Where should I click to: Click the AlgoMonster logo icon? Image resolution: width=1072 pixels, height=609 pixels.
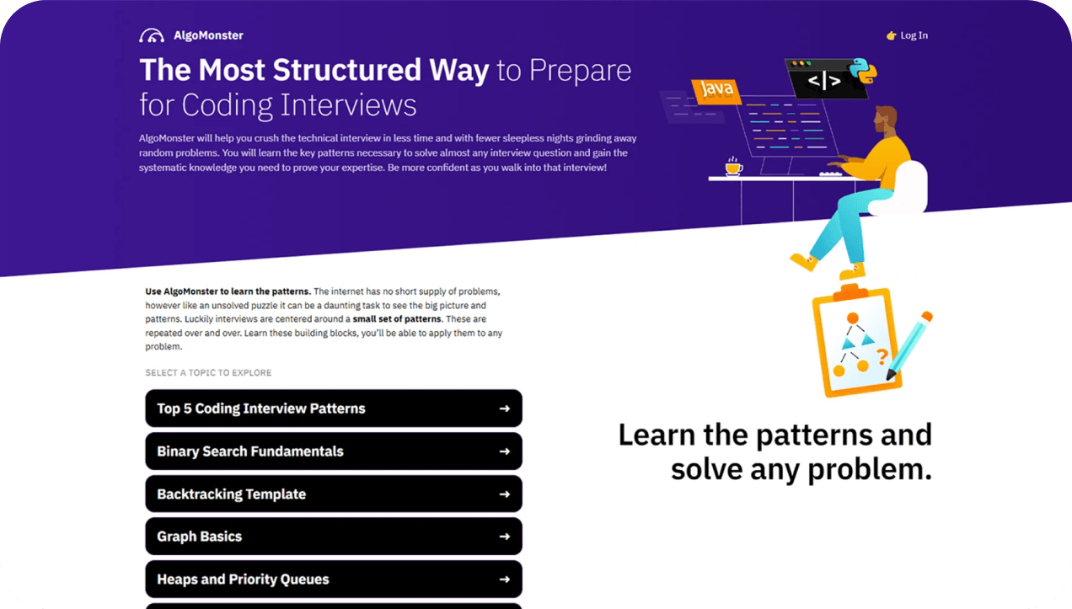(x=151, y=35)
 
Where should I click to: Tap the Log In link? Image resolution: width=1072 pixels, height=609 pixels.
(x=907, y=35)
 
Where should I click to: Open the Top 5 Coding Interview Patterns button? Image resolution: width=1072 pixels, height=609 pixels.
(x=334, y=408)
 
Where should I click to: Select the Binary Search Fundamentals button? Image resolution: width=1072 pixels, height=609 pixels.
(x=334, y=451)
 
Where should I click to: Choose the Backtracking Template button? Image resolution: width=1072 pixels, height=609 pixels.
(x=334, y=494)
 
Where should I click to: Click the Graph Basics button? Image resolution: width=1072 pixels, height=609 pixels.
(x=334, y=537)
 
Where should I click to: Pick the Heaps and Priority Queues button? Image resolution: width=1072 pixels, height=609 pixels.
(x=334, y=579)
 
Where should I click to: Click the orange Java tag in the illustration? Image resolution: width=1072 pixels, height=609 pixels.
(x=716, y=90)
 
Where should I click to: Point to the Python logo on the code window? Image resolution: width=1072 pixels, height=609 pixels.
(x=863, y=71)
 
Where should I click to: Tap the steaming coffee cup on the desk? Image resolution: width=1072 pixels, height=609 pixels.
(x=733, y=166)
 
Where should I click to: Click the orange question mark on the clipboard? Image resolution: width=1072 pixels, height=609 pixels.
(x=882, y=356)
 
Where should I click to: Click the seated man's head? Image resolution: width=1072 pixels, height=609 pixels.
(x=886, y=119)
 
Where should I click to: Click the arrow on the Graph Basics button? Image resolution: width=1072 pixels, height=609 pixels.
(x=505, y=537)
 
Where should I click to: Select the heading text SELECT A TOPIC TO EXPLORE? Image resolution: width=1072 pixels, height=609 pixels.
(x=208, y=372)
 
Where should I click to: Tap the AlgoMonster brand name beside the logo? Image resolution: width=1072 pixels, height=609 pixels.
(x=208, y=35)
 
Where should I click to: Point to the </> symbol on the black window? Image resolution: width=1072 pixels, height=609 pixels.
(x=824, y=80)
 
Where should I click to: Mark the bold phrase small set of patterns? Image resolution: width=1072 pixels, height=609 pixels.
(x=397, y=319)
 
